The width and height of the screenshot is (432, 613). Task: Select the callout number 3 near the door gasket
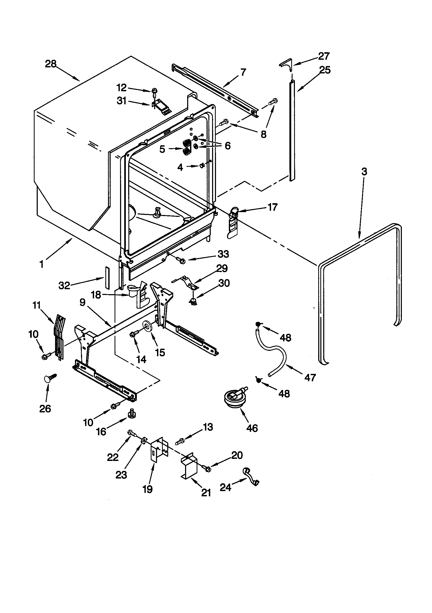coord(364,171)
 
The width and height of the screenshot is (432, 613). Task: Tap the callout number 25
coord(325,70)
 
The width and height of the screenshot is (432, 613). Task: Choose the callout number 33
coord(223,254)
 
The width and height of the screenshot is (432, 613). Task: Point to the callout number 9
coord(82,303)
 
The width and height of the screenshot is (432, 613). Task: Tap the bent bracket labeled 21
coord(189,467)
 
